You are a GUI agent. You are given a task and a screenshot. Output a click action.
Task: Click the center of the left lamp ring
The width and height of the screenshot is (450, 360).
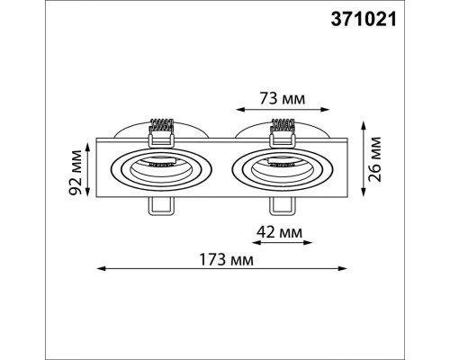160,167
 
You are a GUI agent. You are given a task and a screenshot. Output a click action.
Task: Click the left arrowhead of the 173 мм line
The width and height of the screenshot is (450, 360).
100,267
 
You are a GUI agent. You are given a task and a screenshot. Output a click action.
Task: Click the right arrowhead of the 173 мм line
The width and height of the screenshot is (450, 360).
342,267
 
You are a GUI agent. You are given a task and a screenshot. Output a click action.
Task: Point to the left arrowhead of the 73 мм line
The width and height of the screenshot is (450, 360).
237,113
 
